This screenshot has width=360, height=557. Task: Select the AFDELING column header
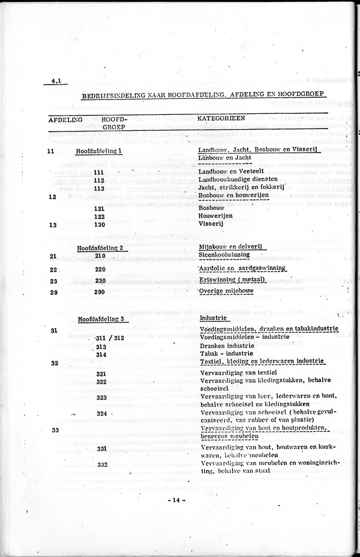pos(64,120)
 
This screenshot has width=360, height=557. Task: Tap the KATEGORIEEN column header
pos(221,118)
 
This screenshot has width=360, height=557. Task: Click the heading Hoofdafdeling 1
pos(99,150)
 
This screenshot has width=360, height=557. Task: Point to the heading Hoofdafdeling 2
pos(101,248)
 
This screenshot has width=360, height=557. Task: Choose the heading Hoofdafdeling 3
pos(101,319)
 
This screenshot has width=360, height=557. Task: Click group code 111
pos(99,173)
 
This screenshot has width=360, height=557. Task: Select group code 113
pos(99,188)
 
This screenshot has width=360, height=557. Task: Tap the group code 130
pos(101,225)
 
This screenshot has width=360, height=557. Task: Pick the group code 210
pos(101,255)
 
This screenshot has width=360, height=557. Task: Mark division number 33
pos(55,430)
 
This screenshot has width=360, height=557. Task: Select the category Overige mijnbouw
pos(227,292)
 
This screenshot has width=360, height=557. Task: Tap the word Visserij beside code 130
pos(211,225)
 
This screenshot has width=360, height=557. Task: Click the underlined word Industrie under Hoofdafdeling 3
pos(214,317)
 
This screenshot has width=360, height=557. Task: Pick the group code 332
pos(102,464)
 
